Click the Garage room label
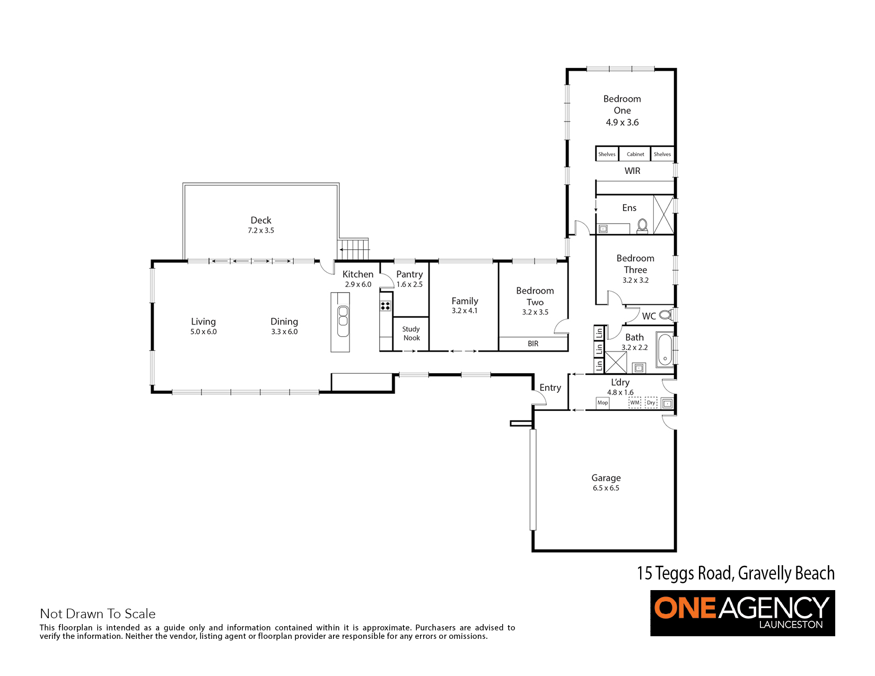coord(606,478)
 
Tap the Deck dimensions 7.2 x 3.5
coord(261,231)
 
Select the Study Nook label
coord(411,333)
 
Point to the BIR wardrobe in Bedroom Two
coord(533,344)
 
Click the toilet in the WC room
coord(666,314)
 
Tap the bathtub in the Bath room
coord(665,349)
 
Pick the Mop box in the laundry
coord(602,402)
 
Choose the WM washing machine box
coord(635,402)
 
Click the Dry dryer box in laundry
coord(651,402)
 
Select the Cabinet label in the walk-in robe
coord(635,154)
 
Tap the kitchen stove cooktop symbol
coord(386,305)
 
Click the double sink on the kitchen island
coord(343,316)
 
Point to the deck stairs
coord(353,249)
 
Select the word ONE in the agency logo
coord(685,608)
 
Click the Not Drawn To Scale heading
coord(98,613)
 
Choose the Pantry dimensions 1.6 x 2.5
coord(409,285)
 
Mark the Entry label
coord(550,388)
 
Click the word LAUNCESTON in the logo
coord(791,625)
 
